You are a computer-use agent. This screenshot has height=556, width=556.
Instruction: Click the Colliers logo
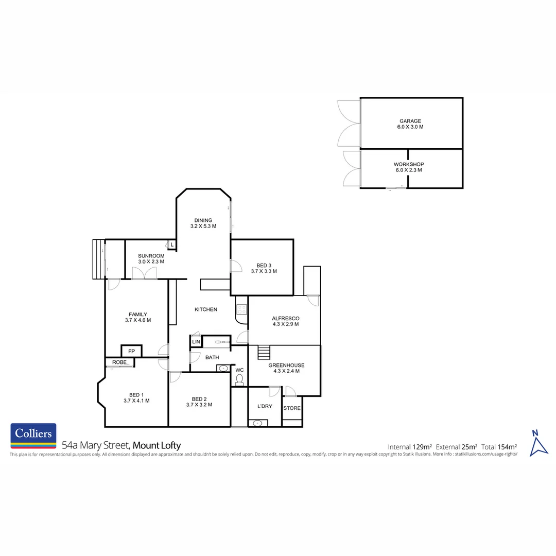pyautogui.click(x=33, y=436)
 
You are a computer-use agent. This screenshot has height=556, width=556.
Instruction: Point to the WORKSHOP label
pyautogui.click(x=410, y=164)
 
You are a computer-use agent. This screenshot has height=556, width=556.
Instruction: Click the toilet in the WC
pyautogui.click(x=239, y=380)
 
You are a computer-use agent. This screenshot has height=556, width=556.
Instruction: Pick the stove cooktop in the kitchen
pyautogui.click(x=241, y=309)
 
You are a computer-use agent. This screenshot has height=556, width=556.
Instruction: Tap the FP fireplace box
pyautogui.click(x=132, y=351)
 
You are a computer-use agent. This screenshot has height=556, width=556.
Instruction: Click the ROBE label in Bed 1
pyautogui.click(x=119, y=362)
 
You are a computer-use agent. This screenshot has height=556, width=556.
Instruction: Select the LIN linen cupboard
pyautogui.click(x=196, y=342)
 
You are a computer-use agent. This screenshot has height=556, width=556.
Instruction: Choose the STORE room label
pyautogui.click(x=292, y=408)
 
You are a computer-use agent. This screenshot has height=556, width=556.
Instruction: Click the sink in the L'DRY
pyautogui.click(x=258, y=423)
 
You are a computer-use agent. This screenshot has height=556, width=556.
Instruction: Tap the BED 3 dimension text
pyautogui.click(x=264, y=271)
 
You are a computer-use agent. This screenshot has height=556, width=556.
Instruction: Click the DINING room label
pyautogui.click(x=203, y=220)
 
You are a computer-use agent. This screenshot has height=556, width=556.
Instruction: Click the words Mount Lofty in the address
pyautogui.click(x=157, y=446)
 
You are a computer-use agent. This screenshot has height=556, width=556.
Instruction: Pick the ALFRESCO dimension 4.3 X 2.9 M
pyautogui.click(x=286, y=325)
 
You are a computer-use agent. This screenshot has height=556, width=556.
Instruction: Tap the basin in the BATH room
pyautogui.click(x=223, y=368)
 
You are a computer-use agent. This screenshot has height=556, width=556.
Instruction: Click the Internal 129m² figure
pyautogui.click(x=410, y=446)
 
